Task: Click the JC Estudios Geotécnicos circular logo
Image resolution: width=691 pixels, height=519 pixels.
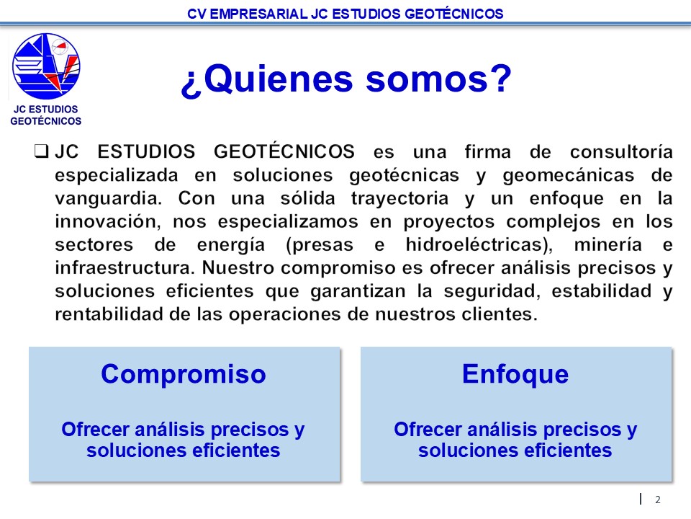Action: [x=46, y=66]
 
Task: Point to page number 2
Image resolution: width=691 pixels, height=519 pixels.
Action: [x=657, y=500]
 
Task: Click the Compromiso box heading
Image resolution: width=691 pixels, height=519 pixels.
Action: [x=184, y=374]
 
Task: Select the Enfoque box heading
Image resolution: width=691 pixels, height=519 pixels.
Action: [x=515, y=374]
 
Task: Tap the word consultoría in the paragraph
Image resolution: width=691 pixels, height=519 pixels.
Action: [x=621, y=152]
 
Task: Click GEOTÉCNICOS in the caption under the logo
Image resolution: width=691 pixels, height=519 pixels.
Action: [x=46, y=121]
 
